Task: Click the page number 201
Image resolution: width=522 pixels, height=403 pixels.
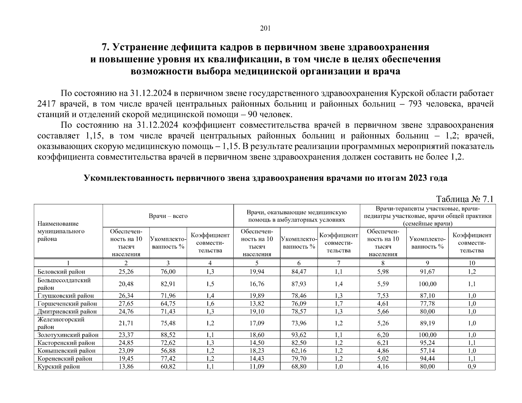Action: coord(266,28)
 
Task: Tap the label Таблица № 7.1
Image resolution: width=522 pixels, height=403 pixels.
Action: coord(465,199)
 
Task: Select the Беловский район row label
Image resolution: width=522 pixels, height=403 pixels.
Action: coord(62,272)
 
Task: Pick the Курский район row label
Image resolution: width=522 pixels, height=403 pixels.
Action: coord(59,366)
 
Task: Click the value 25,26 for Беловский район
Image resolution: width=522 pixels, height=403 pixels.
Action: coord(126,272)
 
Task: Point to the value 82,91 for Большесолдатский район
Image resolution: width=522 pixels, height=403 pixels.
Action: coord(168,284)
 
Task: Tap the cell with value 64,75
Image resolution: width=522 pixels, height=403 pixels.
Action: coord(168,304)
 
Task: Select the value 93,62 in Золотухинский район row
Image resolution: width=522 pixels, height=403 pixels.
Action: coord(299,335)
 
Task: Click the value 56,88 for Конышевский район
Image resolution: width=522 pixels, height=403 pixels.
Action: coord(168,351)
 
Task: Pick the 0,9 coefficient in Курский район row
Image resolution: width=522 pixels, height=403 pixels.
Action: coord(472,366)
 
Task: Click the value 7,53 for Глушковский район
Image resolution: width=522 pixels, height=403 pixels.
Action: coord(383,296)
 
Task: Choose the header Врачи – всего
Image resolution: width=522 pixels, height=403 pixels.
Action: coord(168,216)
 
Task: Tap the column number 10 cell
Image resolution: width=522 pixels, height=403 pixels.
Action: coord(472,263)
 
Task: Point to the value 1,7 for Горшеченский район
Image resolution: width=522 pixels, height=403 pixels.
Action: coord(338,304)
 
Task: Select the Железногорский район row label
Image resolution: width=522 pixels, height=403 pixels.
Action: coord(61,323)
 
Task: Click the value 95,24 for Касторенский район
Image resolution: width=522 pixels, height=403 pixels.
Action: coord(427,343)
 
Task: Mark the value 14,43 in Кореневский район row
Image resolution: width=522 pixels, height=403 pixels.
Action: coord(257,359)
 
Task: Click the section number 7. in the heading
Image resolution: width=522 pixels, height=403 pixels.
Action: coord(106,47)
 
